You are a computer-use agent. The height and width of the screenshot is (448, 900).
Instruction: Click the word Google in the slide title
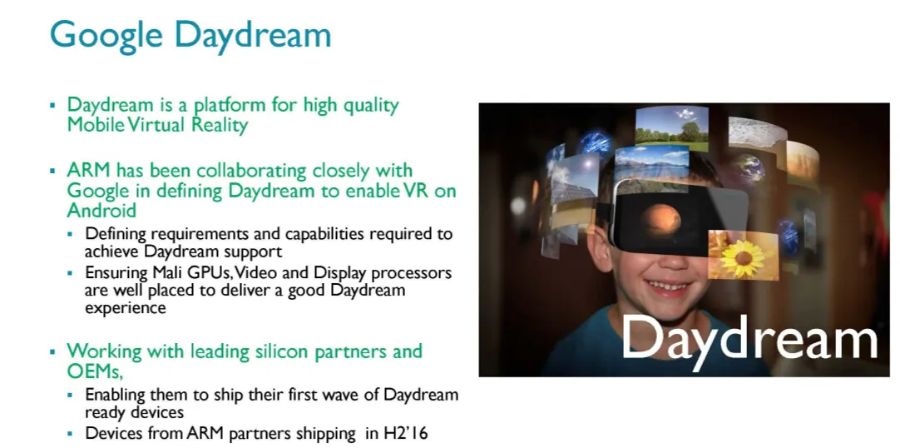[x=106, y=34]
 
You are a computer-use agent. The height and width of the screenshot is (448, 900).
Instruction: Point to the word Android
[x=101, y=210]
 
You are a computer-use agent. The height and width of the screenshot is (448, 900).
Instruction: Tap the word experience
[x=125, y=308]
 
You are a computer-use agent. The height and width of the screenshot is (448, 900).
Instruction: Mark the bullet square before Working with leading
[x=52, y=351]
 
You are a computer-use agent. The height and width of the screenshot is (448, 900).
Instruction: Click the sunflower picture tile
[x=744, y=255]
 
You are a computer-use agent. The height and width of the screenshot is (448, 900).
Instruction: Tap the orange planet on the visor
[x=661, y=220]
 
